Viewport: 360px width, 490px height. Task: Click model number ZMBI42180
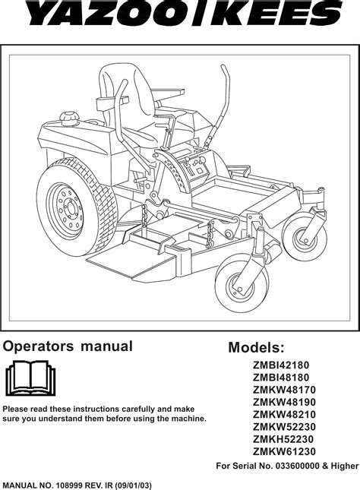[281, 365]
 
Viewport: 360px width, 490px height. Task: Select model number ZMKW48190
[284, 402]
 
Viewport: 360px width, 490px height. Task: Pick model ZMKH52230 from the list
[283, 439]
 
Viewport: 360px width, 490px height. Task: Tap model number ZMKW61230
[284, 451]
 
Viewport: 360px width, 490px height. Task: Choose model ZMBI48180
[281, 378]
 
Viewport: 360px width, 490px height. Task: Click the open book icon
[30, 378]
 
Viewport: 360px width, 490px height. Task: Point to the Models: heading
[257, 347]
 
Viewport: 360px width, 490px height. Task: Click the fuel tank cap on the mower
[69, 118]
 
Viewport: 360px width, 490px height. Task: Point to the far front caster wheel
[305, 235]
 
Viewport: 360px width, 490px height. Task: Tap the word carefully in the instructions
[139, 409]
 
